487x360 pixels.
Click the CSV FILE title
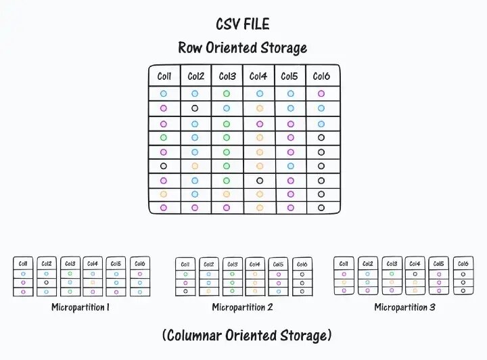pos(243,24)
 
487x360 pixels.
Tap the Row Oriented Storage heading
pos(243,47)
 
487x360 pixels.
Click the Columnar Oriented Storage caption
pos(247,335)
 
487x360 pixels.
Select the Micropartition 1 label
pos(80,307)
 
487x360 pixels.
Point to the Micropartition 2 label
pos(242,307)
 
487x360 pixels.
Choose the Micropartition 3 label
pos(405,307)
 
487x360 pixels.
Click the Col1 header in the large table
pos(164,76)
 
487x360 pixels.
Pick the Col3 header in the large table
pos(227,76)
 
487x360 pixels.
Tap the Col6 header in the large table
pos(321,76)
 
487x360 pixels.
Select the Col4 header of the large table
pos(258,76)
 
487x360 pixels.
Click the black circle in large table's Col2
pos(195,108)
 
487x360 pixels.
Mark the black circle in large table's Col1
pos(164,166)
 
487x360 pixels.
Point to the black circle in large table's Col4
pos(259,180)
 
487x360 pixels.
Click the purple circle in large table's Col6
pos(321,94)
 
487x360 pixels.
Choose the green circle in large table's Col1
pos(164,137)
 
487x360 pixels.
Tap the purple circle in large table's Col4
pos(259,123)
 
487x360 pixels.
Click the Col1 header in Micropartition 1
pos(24,264)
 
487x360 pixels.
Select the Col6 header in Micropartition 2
pos(302,265)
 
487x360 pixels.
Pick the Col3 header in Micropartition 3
pos(392,264)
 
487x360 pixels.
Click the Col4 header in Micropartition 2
pos(255,265)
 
